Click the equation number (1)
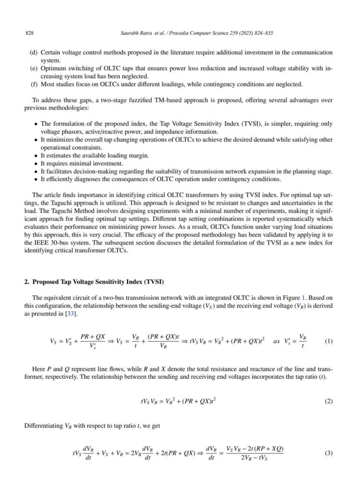click(328, 342)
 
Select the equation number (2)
click(328, 401)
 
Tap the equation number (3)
click(328, 453)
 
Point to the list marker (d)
click(34, 52)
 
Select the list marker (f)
click(34, 85)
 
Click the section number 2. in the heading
click(27, 282)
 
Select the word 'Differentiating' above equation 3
click(44, 425)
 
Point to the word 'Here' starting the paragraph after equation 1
click(39, 369)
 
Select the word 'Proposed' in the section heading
click(46, 282)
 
